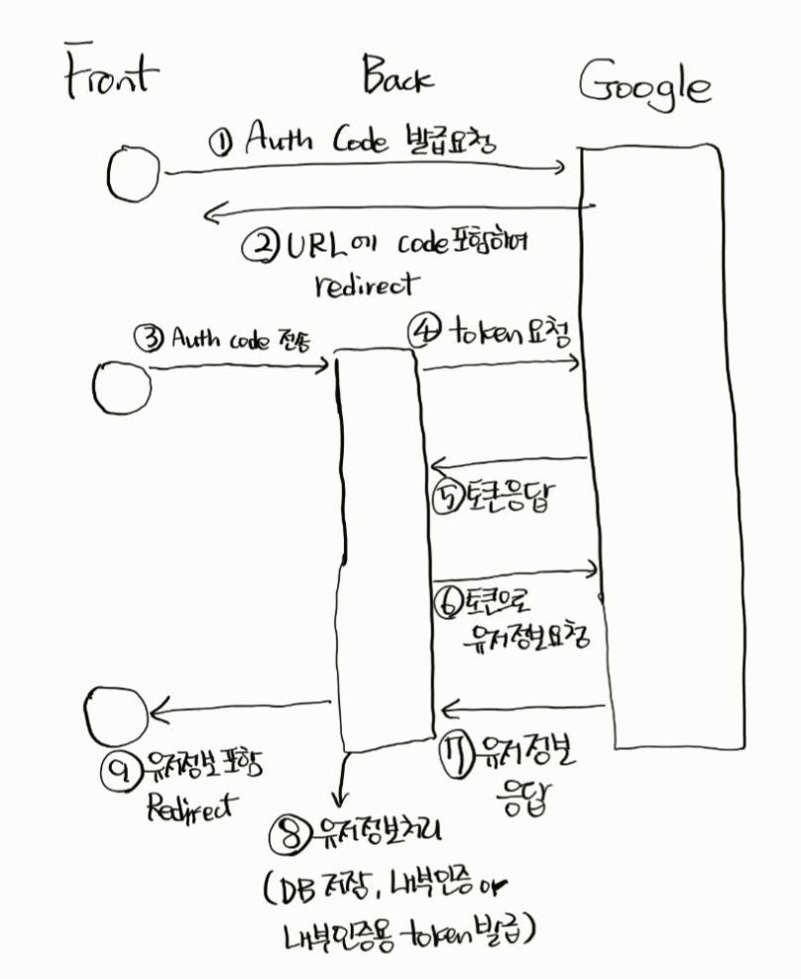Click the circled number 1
point(221,142)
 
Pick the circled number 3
point(149,338)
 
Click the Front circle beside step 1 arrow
point(132,174)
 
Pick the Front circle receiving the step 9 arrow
point(117,713)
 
